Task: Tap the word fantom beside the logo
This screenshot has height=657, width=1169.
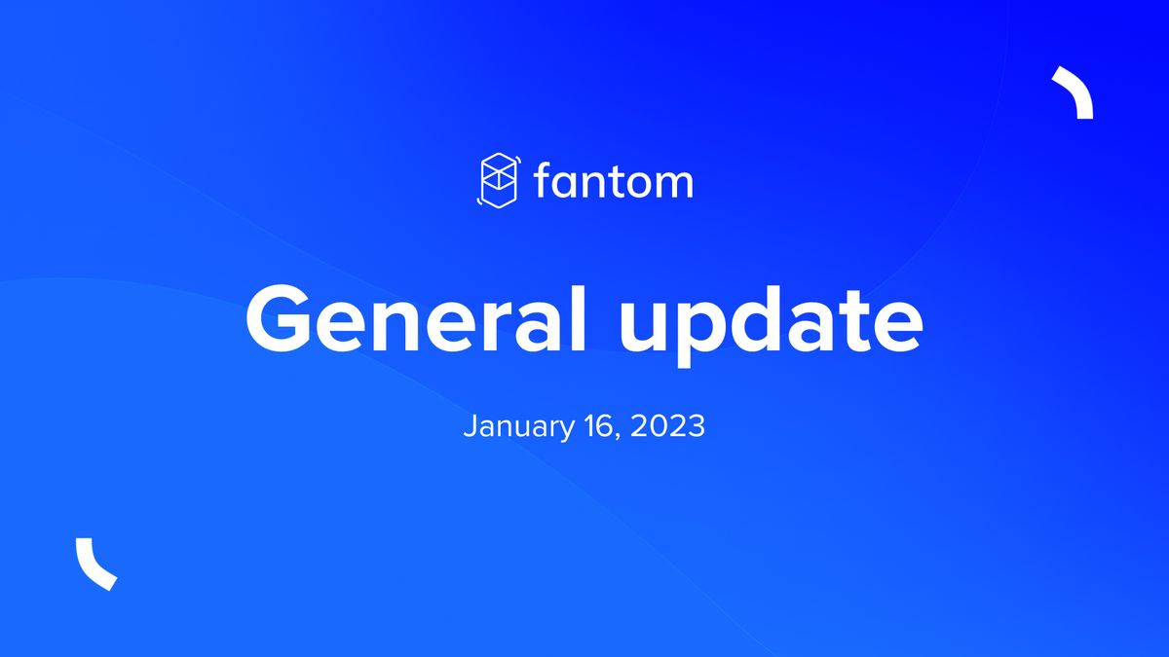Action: [x=614, y=181]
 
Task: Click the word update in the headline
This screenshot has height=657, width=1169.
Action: [x=771, y=325]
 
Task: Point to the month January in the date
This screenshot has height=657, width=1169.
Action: [x=517, y=426]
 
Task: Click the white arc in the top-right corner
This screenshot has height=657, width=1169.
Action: [x=1075, y=92]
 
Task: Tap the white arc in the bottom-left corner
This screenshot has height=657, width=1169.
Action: [x=94, y=564]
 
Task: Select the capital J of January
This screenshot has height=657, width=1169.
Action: [x=470, y=425]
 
